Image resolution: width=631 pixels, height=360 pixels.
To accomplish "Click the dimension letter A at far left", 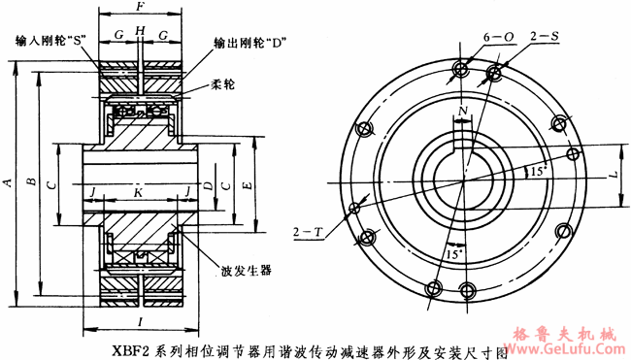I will pos(8,182).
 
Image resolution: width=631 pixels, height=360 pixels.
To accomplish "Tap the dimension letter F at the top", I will pos(142,7).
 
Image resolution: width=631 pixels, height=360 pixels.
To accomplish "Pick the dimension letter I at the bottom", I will pos(142,320).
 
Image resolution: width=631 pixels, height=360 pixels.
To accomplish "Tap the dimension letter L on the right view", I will pos(612,176).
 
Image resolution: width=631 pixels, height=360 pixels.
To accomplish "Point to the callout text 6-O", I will pos(500,37).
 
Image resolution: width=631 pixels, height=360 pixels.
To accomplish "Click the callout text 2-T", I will pos(308,233).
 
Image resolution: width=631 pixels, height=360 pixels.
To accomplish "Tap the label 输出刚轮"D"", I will pos(249,44).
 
